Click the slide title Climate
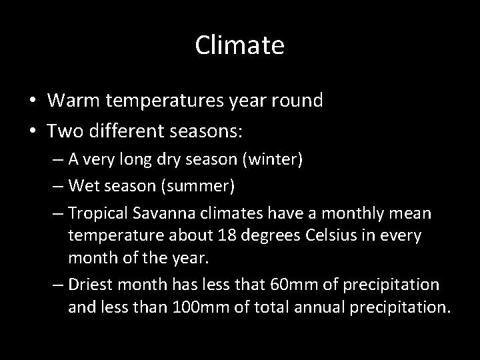click(240, 45)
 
